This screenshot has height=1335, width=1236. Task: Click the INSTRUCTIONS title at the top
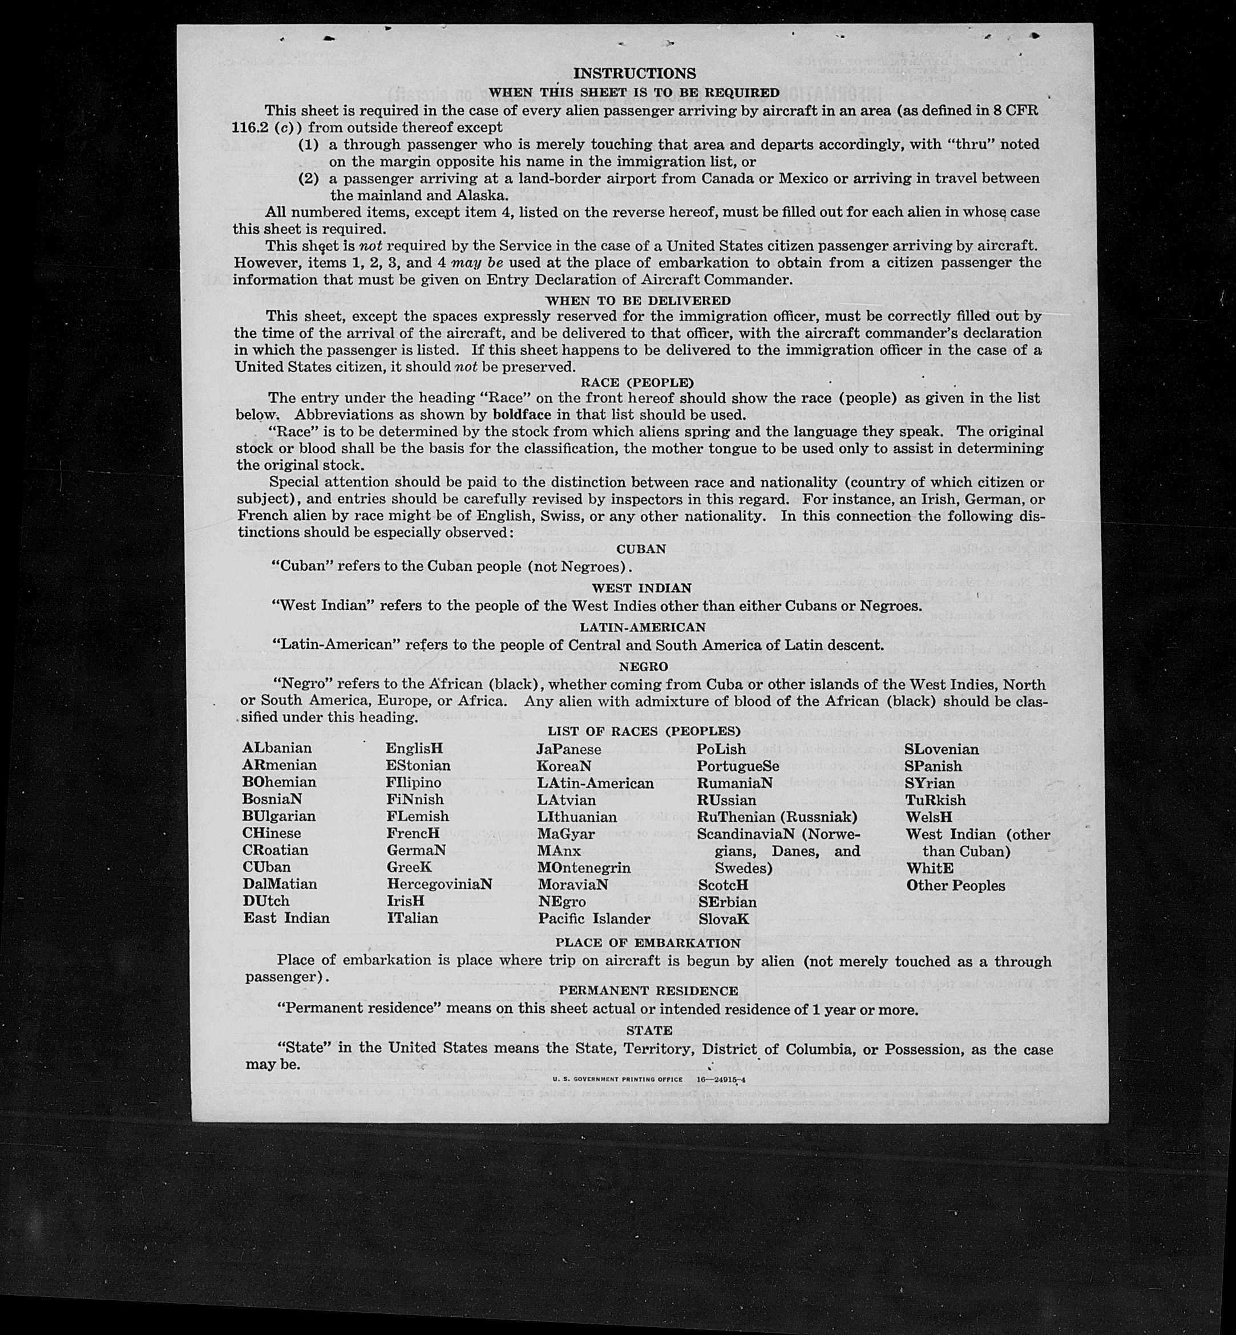pyautogui.click(x=634, y=74)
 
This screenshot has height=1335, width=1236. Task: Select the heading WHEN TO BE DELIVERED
pyautogui.click(x=638, y=301)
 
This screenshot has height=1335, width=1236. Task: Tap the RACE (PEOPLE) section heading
pyautogui.click(x=637, y=383)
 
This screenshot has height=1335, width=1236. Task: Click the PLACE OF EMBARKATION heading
pyautogui.click(x=648, y=943)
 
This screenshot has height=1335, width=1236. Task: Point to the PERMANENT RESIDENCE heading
pyautogui.click(x=649, y=991)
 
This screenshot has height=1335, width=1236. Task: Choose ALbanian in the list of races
pyautogui.click(x=277, y=748)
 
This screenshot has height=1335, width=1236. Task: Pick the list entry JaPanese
pyautogui.click(x=568, y=749)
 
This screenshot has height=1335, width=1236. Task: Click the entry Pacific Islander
pyautogui.click(x=594, y=919)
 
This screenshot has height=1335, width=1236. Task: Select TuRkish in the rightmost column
pyautogui.click(x=936, y=800)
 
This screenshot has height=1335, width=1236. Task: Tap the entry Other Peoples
pyautogui.click(x=956, y=886)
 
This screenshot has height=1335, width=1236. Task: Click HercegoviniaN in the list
pyautogui.click(x=439, y=884)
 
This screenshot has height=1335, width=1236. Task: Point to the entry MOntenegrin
pyautogui.click(x=584, y=868)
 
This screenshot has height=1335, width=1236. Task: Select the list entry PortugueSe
pyautogui.click(x=738, y=766)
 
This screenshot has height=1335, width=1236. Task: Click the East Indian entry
pyautogui.click(x=286, y=918)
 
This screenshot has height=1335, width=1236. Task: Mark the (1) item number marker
pyautogui.click(x=308, y=144)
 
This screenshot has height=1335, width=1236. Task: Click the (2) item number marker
pyautogui.click(x=308, y=178)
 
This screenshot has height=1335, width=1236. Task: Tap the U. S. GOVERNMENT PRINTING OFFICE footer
pyautogui.click(x=617, y=1080)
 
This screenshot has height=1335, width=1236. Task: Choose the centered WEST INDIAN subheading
pyautogui.click(x=641, y=589)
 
